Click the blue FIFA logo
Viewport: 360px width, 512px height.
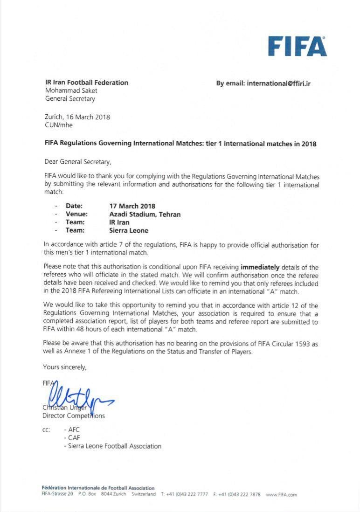click(x=297, y=46)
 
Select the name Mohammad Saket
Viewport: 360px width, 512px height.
click(x=71, y=90)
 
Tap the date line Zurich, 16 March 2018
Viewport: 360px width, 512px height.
click(x=77, y=117)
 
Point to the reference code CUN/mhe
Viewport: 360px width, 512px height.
click(x=59, y=125)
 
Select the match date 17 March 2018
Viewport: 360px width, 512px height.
click(x=132, y=206)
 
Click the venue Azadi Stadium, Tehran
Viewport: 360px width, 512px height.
click(x=145, y=214)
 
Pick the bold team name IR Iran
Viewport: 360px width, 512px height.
click(x=119, y=222)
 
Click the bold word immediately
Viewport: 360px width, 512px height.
click(x=260, y=267)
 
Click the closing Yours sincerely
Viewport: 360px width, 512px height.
click(x=64, y=367)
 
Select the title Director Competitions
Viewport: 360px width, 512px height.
click(x=74, y=415)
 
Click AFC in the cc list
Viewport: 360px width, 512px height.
click(x=74, y=429)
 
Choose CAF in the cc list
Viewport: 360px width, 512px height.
click(x=74, y=438)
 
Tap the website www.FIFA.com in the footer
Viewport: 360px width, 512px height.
click(x=281, y=494)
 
